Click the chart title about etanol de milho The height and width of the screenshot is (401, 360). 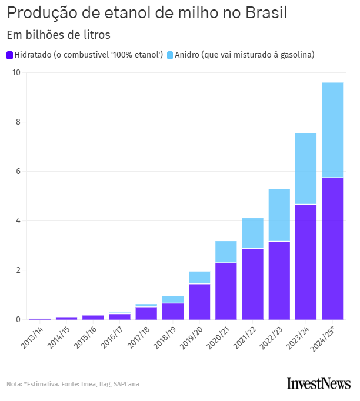click(x=147, y=13)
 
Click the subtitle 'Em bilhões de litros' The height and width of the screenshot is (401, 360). click(x=58, y=35)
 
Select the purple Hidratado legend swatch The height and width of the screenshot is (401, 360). click(x=9, y=55)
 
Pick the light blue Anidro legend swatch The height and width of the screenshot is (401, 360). click(x=170, y=55)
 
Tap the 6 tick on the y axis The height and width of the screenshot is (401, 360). click(x=18, y=172)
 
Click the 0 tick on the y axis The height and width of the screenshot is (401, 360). click(x=18, y=320)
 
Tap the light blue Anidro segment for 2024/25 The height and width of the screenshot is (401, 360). click(x=332, y=130)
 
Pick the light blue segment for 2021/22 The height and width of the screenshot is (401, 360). click(x=252, y=233)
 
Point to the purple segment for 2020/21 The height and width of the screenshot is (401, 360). click(x=226, y=291)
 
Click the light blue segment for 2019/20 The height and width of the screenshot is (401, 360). click(x=199, y=278)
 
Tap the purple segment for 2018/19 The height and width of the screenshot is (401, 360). click(x=173, y=312)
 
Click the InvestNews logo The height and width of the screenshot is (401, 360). click(x=318, y=384)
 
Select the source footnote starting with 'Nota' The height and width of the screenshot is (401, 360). click(x=73, y=385)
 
